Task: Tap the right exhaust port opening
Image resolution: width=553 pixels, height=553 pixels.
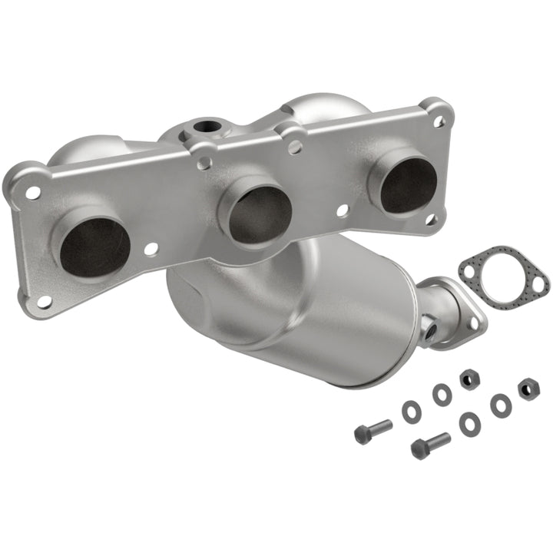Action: [x=407, y=184]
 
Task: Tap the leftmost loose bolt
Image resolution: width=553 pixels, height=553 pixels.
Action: [x=373, y=430]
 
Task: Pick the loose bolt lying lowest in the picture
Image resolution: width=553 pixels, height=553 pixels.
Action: [x=429, y=444]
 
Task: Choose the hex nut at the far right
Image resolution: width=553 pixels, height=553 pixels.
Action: [x=528, y=388]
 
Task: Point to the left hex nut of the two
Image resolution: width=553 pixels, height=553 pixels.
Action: [x=469, y=379]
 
